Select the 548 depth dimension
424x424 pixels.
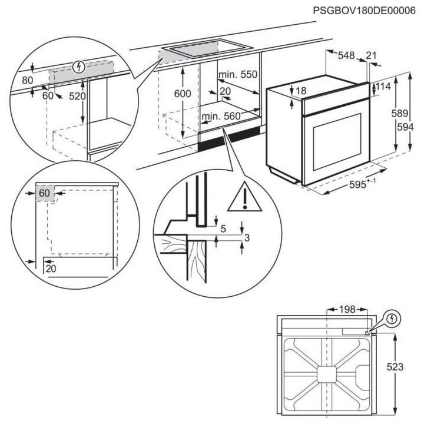point(346,55)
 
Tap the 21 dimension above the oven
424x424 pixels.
point(372,55)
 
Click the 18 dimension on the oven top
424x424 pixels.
point(301,91)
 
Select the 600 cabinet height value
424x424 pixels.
point(183,93)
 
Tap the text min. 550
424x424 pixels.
point(238,75)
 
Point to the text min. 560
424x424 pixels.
point(221,117)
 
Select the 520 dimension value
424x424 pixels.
point(77,96)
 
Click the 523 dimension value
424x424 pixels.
point(395,366)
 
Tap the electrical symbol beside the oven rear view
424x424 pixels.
point(394,319)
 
